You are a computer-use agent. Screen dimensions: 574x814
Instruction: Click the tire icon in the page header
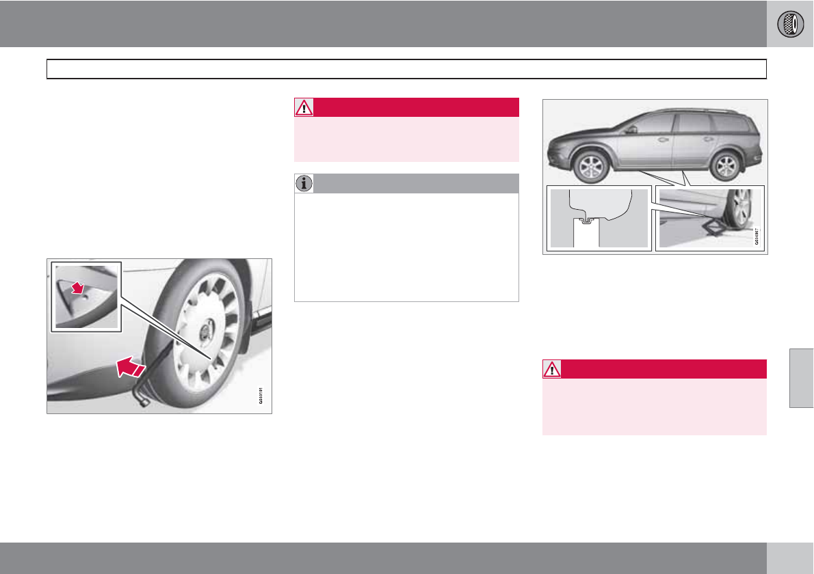(x=790, y=24)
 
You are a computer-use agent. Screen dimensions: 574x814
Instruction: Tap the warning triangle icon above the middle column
(x=304, y=107)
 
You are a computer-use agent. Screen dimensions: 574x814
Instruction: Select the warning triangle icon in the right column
(x=551, y=369)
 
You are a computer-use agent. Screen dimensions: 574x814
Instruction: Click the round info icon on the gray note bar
(x=304, y=183)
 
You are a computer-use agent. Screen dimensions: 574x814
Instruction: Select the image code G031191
(x=261, y=394)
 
